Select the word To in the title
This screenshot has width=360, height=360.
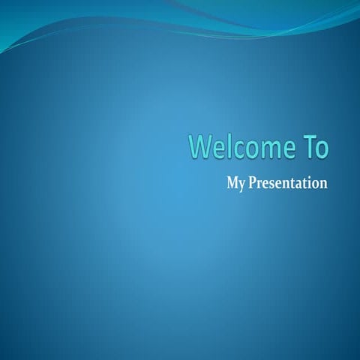(315, 148)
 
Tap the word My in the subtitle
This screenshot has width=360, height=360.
(235, 183)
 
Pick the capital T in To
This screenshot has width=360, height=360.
(308, 147)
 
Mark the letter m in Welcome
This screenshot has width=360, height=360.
(258, 149)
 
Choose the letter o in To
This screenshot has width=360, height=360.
(322, 149)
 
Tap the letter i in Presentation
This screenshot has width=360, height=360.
(308, 181)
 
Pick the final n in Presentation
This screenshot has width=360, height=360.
(323, 183)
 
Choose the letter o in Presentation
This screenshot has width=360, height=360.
(315, 183)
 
